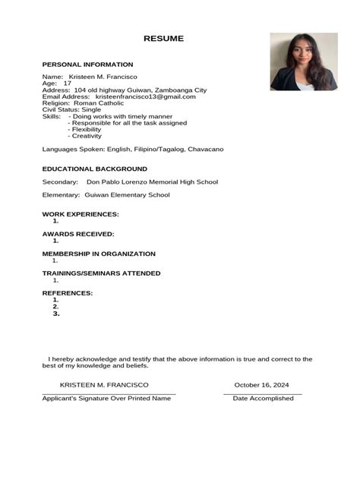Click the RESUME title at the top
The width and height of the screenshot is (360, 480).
(x=163, y=39)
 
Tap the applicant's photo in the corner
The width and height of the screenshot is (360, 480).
(x=303, y=62)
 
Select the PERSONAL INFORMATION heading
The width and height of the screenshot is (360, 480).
(x=87, y=65)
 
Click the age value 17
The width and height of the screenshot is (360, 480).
(x=67, y=84)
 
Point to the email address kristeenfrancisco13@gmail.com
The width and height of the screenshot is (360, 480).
(x=145, y=96)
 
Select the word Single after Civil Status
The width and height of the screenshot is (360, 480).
(x=91, y=109)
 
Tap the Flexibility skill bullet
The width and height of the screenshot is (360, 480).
(x=87, y=129)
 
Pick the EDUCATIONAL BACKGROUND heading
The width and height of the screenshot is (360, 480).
(x=94, y=169)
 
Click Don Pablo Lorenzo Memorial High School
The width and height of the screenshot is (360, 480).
(x=152, y=182)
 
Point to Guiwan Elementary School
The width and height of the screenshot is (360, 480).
(x=127, y=195)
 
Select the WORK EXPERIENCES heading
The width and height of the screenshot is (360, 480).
(x=81, y=214)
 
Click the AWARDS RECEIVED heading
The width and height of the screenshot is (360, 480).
(x=78, y=234)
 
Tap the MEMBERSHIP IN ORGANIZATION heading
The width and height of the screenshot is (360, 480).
(x=99, y=254)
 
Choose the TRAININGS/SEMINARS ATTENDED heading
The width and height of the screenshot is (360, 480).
(x=101, y=273)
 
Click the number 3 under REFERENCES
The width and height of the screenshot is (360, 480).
(x=56, y=314)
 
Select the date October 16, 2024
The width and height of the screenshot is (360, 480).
(x=261, y=385)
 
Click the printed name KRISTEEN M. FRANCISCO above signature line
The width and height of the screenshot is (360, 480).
(x=104, y=385)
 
